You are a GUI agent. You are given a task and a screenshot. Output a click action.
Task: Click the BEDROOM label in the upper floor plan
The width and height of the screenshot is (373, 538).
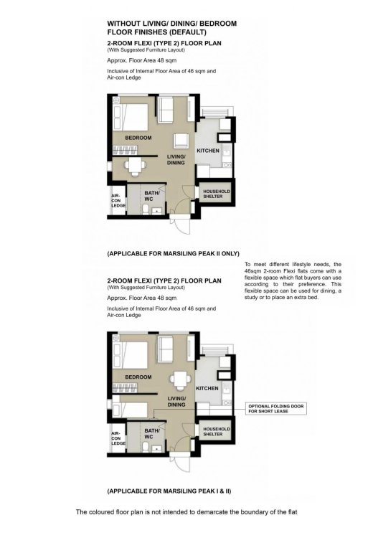(x=138, y=138)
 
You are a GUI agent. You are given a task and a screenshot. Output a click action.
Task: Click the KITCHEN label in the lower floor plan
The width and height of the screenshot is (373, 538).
(x=207, y=387)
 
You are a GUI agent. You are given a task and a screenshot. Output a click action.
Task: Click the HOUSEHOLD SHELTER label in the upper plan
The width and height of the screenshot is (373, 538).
(x=216, y=194)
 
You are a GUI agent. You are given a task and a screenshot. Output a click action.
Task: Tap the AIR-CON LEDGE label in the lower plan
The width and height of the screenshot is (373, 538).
(x=116, y=439)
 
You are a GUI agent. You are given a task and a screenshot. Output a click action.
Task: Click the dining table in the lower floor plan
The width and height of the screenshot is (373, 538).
(x=176, y=379)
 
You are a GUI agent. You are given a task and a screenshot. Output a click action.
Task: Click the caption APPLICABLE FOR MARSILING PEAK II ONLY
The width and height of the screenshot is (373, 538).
(x=172, y=254)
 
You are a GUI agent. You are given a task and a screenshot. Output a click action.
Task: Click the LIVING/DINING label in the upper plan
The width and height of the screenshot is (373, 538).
(x=176, y=160)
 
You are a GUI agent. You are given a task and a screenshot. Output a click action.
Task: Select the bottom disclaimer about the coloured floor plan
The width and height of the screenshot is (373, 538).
(x=186, y=512)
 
